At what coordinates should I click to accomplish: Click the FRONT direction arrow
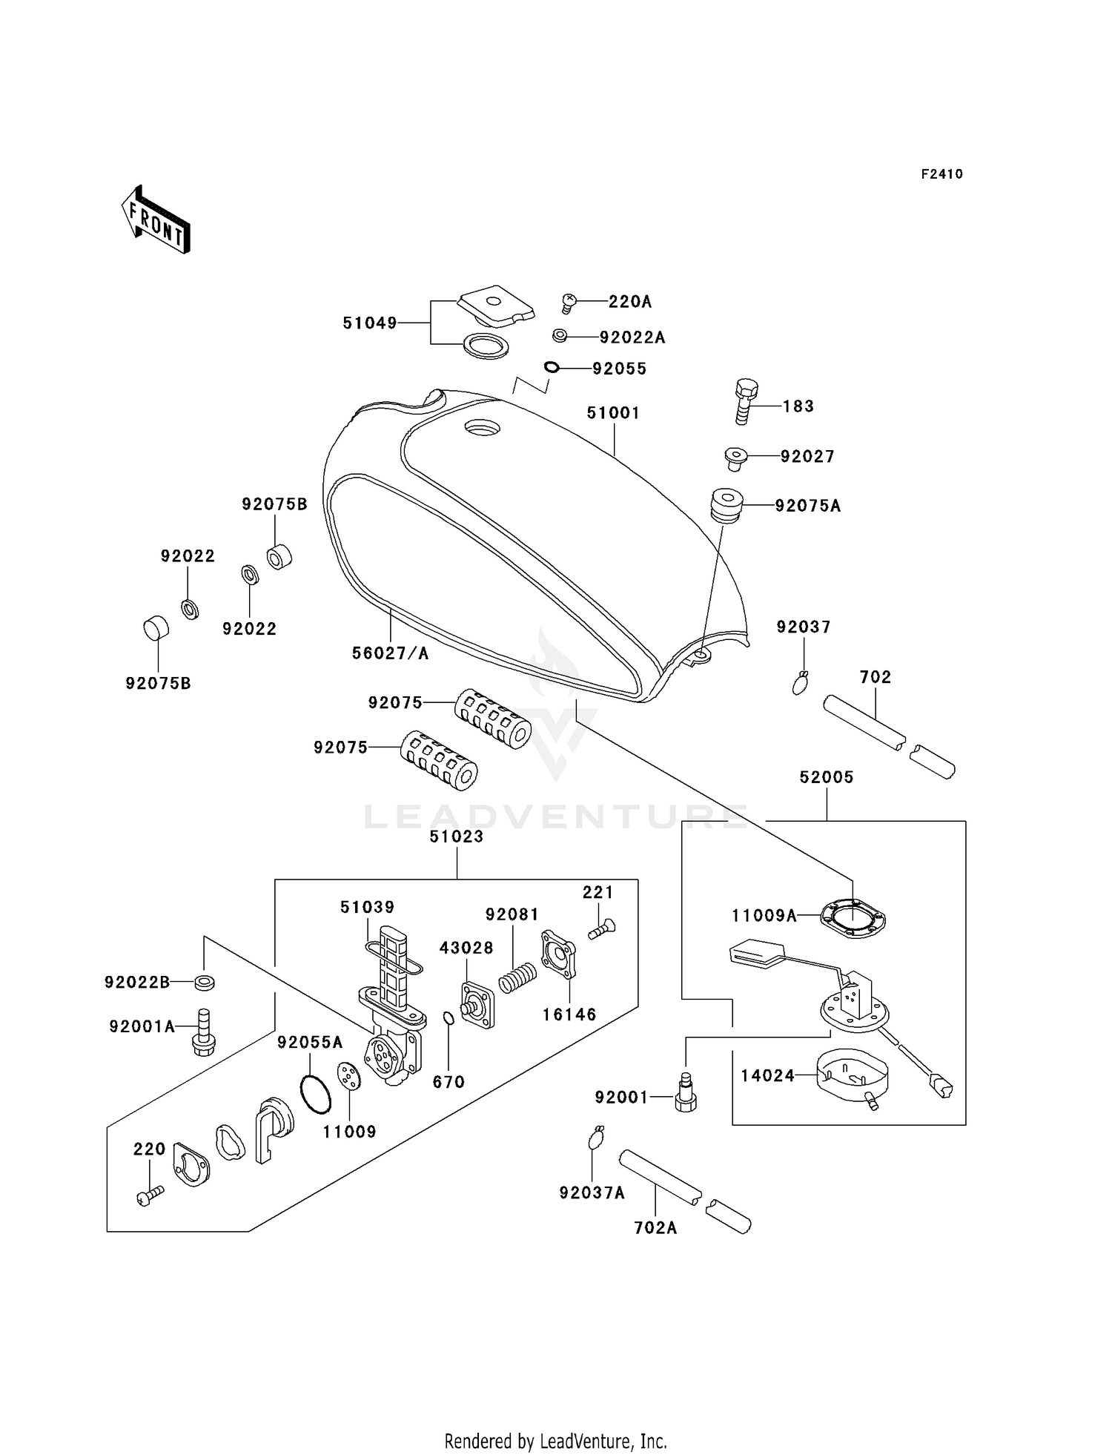point(155,220)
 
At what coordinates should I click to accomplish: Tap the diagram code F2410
point(942,174)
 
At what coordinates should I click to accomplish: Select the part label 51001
point(613,413)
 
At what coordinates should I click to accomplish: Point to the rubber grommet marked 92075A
point(727,505)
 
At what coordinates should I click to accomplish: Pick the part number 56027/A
point(390,653)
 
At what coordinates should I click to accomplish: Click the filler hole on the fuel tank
point(482,428)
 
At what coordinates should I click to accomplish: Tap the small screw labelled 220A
point(569,303)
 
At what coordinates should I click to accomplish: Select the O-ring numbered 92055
point(552,367)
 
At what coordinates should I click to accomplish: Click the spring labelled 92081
point(517,977)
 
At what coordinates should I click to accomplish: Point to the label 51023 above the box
point(457,837)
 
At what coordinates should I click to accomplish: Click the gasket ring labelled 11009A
point(853,920)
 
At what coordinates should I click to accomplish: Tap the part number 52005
point(827,777)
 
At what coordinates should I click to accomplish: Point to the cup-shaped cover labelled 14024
point(852,1077)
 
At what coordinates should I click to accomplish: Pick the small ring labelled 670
point(449,1019)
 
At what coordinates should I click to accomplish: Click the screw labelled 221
point(602,929)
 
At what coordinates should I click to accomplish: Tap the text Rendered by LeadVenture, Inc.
point(556,1441)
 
